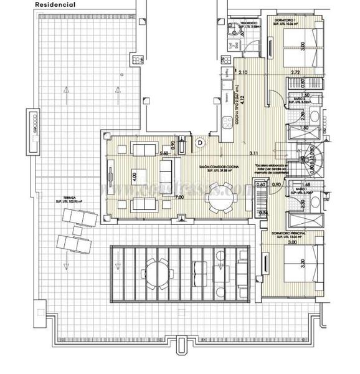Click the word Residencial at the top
coord(56,4)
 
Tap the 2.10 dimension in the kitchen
coord(244,73)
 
